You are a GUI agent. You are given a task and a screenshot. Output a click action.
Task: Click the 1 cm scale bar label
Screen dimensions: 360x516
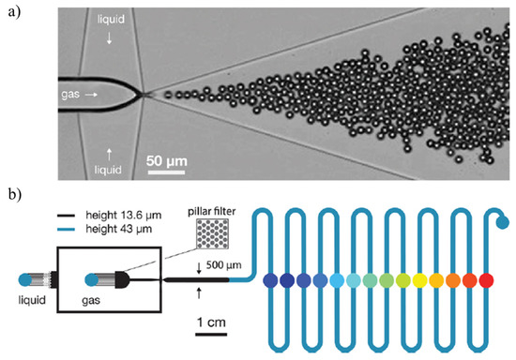point(210,322)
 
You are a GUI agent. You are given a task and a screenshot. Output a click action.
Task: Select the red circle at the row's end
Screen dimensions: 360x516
point(486,279)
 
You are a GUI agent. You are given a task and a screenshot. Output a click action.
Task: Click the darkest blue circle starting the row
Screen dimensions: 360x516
point(270,279)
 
